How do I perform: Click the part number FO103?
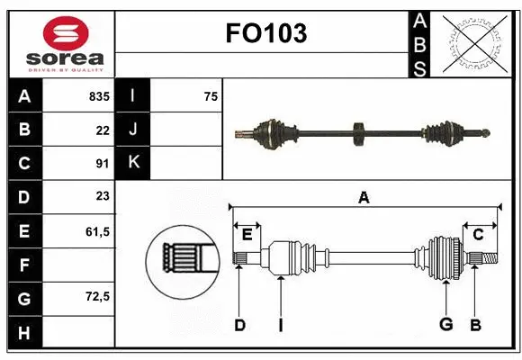265,33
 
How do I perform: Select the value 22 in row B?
103,130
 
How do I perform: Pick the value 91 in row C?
103,163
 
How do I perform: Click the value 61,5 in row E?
97,231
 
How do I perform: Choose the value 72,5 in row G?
97,296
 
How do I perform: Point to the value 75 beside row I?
211,95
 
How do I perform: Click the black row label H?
24,332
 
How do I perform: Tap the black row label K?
133,163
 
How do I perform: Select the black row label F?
24,265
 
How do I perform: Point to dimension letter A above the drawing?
364,197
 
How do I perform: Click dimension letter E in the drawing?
247,235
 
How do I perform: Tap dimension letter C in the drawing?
479,235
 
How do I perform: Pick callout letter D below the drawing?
239,325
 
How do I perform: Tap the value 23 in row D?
103,196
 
